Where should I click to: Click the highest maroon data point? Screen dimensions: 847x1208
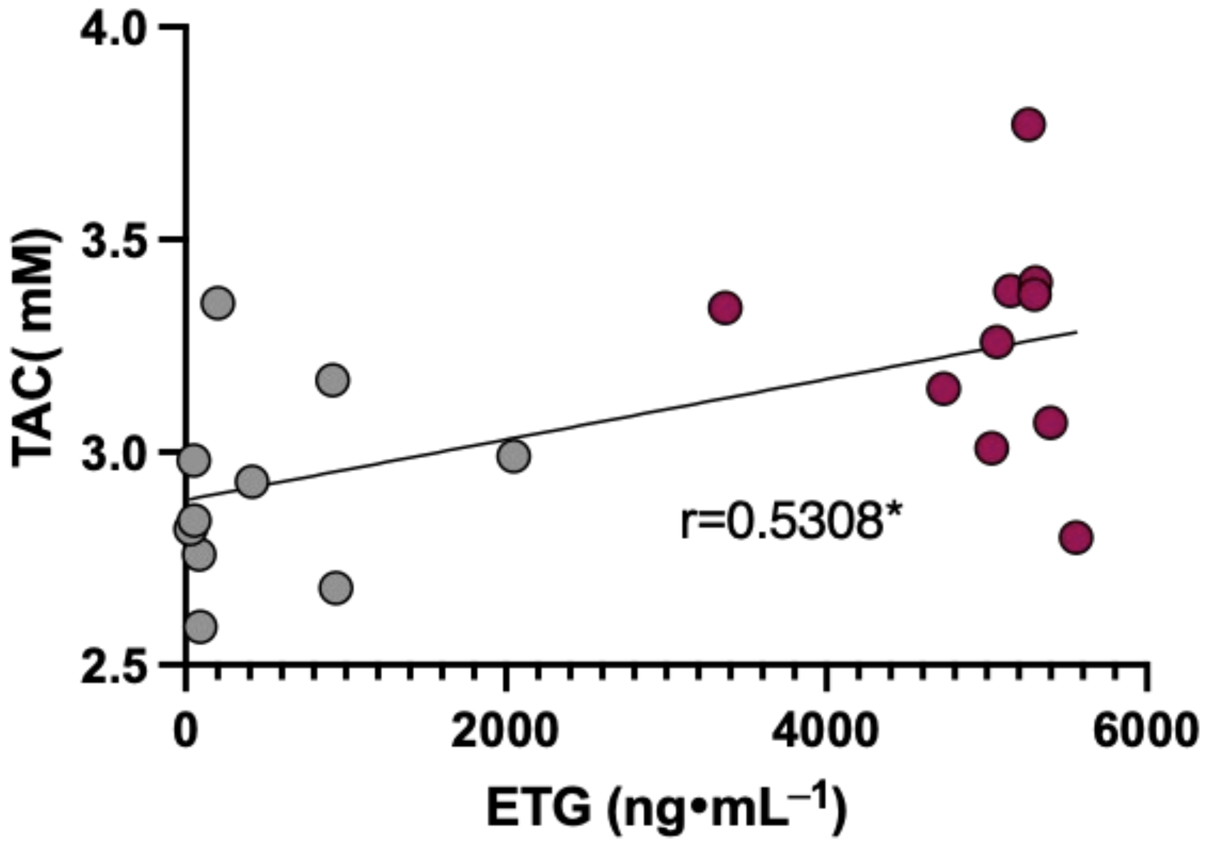point(1028,125)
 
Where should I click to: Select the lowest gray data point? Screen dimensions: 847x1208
point(200,626)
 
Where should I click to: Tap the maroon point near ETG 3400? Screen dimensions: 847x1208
point(724,307)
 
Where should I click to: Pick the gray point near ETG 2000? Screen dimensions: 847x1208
point(513,456)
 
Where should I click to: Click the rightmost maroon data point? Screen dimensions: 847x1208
point(1075,537)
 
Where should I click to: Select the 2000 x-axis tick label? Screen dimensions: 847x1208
point(505,731)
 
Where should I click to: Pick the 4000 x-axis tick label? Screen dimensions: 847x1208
point(825,731)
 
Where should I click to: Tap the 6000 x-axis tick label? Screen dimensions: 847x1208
point(1144,731)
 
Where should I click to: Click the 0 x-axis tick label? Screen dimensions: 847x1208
point(184,731)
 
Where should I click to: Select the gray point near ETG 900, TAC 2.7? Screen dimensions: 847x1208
point(336,588)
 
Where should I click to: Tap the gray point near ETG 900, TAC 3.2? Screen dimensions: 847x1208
point(332,380)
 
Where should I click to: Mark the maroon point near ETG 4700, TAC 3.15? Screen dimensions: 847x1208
point(943,388)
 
